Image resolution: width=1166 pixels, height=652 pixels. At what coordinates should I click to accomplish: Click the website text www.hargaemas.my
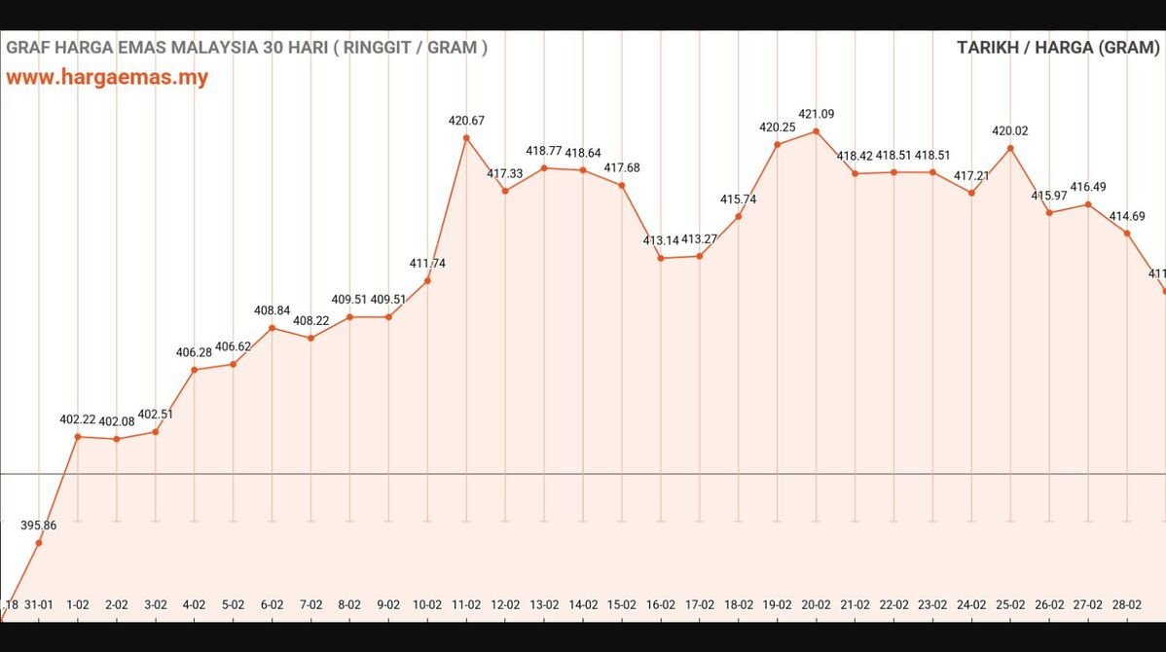point(107,78)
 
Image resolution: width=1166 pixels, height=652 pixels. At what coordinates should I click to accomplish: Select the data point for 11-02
point(466,138)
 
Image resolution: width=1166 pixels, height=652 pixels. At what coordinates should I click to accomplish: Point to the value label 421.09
point(816,115)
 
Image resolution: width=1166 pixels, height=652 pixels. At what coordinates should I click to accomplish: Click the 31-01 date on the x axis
point(39,604)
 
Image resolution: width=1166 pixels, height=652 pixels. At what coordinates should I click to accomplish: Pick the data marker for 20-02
point(816,131)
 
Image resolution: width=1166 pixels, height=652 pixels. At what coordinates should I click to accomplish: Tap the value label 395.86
point(39,525)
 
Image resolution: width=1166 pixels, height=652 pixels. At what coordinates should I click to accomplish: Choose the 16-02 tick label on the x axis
point(661,604)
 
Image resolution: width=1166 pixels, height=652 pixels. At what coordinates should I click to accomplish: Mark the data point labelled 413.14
point(661,258)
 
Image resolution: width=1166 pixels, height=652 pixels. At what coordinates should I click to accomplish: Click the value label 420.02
point(1010,131)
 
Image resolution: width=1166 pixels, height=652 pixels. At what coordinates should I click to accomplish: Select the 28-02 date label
point(1127,604)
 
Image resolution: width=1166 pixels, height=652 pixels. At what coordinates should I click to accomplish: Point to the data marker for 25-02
point(1010,149)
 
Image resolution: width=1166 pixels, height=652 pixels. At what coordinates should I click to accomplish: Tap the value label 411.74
point(427,264)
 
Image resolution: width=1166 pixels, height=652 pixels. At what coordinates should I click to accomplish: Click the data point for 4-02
point(195,370)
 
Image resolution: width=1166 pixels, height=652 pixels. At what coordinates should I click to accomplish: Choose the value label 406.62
point(234,346)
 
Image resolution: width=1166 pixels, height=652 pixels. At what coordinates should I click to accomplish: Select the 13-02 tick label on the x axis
point(544,604)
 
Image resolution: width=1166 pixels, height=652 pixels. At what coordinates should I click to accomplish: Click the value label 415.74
point(739,199)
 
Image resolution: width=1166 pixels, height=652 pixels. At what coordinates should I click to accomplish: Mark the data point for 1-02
point(78,437)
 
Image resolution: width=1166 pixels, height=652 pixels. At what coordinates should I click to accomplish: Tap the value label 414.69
point(1127,216)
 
